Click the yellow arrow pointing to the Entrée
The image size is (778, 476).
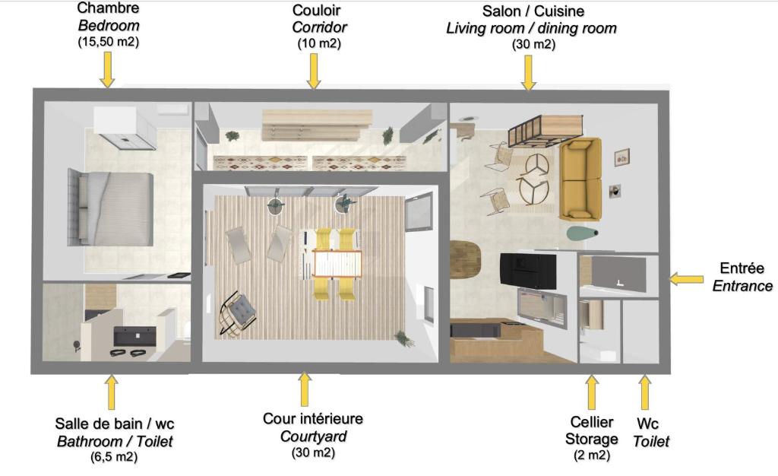click(686, 279)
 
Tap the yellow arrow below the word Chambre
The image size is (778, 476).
click(107, 70)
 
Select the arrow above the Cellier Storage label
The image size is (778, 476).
click(591, 392)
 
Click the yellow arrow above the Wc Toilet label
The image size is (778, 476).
click(644, 392)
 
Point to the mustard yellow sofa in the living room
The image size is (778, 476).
click(580, 179)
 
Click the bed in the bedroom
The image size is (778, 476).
click(110, 208)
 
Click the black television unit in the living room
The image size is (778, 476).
click(527, 271)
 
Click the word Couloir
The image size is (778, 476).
click(317, 10)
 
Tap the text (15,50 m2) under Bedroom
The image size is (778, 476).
click(108, 42)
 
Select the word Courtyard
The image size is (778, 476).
click(313, 436)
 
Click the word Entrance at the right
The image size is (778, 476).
click(742, 286)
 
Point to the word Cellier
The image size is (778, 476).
click(591, 422)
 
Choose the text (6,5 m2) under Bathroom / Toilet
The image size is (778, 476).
click(114, 456)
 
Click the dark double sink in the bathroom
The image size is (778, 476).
click(134, 335)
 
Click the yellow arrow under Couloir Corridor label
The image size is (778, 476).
click(314, 71)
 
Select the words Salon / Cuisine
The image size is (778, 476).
click(533, 11)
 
